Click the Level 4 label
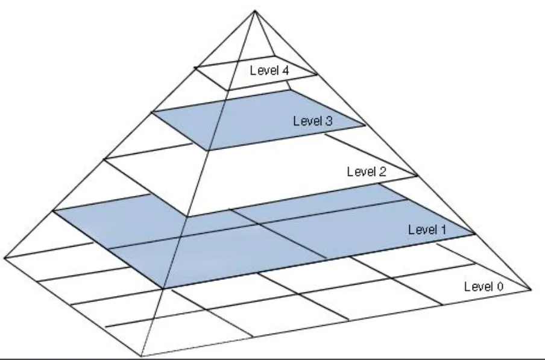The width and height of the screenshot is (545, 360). [269, 70]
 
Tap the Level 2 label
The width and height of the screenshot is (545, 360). [367, 171]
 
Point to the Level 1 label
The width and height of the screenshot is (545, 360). [428, 229]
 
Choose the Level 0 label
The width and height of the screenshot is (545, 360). [483, 286]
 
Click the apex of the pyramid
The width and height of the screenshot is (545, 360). [256, 10]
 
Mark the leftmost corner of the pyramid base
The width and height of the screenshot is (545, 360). [5, 257]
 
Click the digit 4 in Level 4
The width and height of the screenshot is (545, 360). [285, 70]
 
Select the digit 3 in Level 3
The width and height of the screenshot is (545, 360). [329, 120]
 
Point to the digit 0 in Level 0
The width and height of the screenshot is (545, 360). [499, 286]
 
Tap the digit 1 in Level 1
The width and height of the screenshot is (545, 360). [444, 229]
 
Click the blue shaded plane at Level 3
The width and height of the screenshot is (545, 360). [253, 121]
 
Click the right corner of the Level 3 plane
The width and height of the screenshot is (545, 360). [365, 125]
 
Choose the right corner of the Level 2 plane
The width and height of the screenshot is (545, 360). [418, 176]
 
